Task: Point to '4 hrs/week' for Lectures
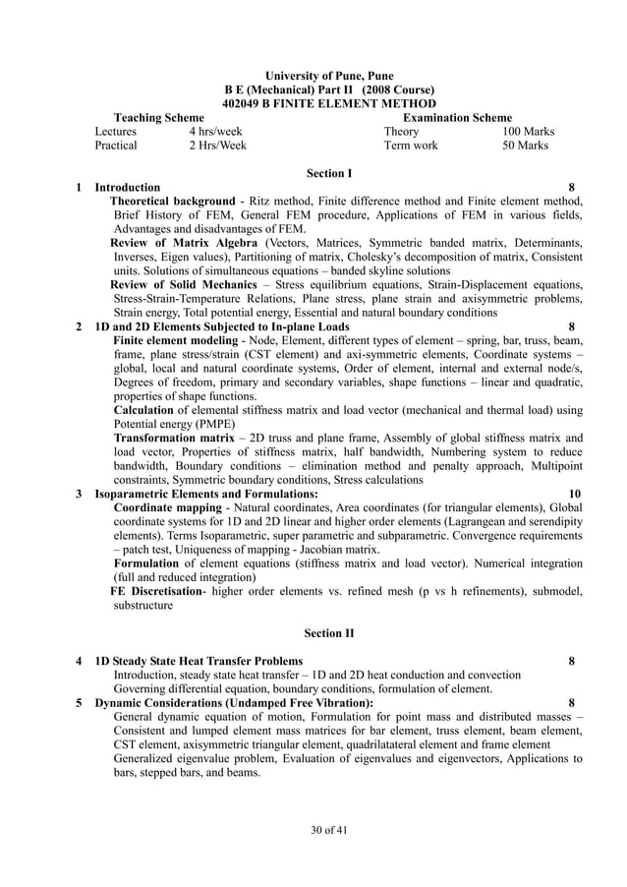point(215,131)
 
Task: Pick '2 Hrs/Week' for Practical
point(217,146)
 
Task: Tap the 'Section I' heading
point(329,173)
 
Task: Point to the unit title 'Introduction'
point(128,187)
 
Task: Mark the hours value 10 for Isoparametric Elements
point(575,493)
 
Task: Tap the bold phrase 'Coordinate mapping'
point(168,507)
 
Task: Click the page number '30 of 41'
point(329,831)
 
